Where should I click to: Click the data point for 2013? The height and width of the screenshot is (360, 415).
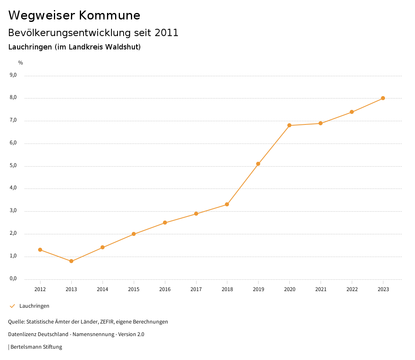pyautogui.click(x=71, y=261)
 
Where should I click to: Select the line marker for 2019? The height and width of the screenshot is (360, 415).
pyautogui.click(x=258, y=164)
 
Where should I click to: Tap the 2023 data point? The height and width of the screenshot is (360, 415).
pyautogui.click(x=383, y=98)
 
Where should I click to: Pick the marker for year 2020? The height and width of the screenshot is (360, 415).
pyautogui.click(x=289, y=125)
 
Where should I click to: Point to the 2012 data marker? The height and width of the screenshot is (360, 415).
pyautogui.click(x=40, y=250)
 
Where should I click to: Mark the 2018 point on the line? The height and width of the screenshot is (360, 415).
pyautogui.click(x=227, y=204)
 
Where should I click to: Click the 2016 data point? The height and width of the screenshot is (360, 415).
pyautogui.click(x=165, y=223)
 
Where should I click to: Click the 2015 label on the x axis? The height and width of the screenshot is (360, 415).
pyautogui.click(x=134, y=289)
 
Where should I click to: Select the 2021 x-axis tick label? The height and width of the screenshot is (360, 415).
pyautogui.click(x=321, y=289)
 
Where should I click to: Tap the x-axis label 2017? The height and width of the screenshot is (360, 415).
pyautogui.click(x=196, y=289)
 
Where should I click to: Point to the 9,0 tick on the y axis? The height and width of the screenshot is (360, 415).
pyautogui.click(x=13, y=75)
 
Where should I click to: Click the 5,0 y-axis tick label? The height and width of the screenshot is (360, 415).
pyautogui.click(x=13, y=165)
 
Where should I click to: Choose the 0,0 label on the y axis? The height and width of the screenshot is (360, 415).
pyautogui.click(x=13, y=279)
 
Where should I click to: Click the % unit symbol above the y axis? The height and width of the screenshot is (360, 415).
pyautogui.click(x=21, y=62)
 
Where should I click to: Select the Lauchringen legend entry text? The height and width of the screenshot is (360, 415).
pyautogui.click(x=34, y=306)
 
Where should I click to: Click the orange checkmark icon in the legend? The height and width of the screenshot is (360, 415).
pyautogui.click(x=12, y=306)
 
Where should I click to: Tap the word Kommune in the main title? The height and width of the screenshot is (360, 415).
pyautogui.click(x=110, y=15)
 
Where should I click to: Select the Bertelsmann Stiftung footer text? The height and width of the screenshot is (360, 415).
pyautogui.click(x=36, y=347)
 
